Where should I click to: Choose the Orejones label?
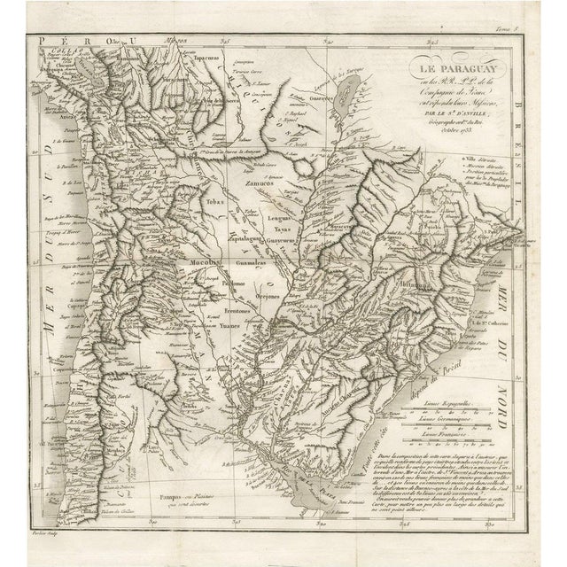point(280,297)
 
